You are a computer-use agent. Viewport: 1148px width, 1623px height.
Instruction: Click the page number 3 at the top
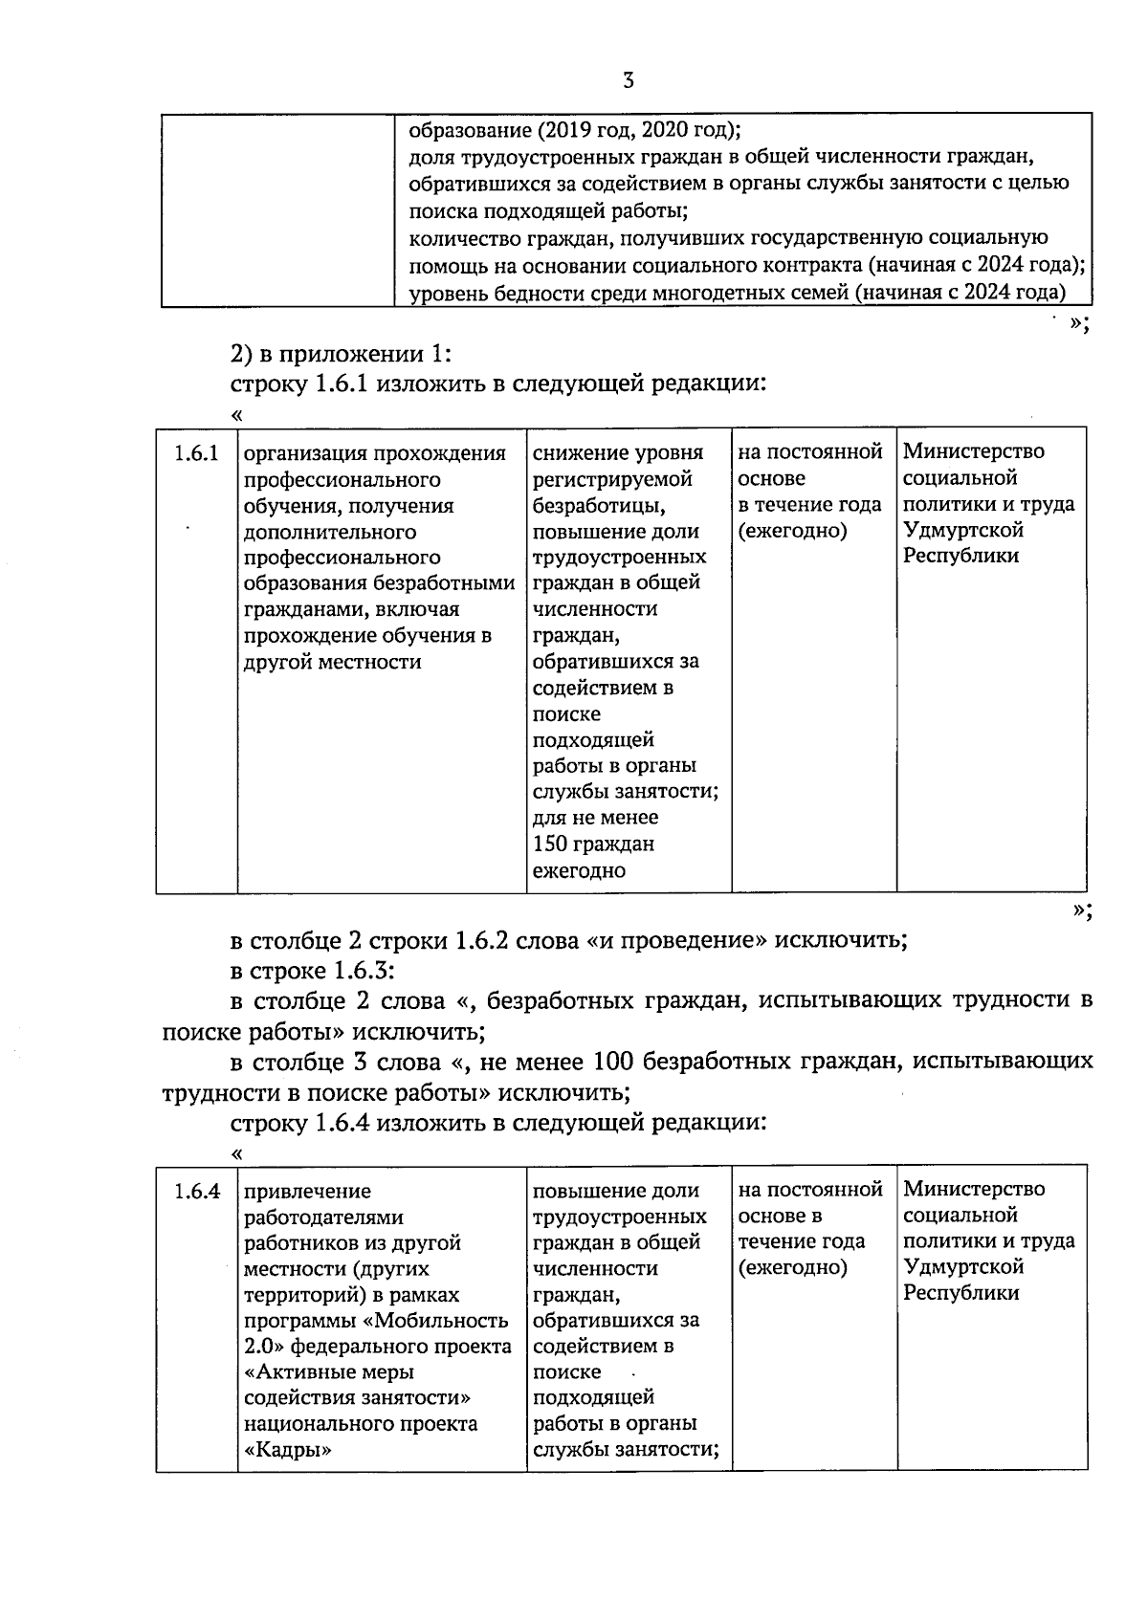[628, 81]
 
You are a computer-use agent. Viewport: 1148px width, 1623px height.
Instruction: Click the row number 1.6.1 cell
[196, 454]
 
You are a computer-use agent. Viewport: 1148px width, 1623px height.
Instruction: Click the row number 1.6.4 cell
[196, 1192]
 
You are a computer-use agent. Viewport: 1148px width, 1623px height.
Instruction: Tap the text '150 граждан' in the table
[593, 844]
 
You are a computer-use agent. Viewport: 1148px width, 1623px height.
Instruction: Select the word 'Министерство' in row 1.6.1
[974, 451]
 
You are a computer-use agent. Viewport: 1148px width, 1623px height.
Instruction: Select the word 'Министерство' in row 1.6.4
[974, 1190]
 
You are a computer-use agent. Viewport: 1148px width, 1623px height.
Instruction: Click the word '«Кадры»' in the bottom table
[288, 1450]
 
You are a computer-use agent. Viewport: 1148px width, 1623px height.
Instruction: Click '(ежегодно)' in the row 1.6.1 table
[792, 531]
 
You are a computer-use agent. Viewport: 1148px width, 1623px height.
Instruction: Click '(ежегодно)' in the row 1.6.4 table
[792, 1268]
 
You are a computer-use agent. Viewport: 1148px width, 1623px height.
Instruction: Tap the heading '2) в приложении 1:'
[341, 354]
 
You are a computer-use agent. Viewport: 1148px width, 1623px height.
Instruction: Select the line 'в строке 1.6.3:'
[313, 971]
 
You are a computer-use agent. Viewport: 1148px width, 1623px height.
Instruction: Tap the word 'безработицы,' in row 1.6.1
[598, 505]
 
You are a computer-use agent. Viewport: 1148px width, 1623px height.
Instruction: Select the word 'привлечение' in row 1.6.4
[307, 1192]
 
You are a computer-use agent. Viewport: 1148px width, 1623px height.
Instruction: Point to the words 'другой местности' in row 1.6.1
[332, 662]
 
